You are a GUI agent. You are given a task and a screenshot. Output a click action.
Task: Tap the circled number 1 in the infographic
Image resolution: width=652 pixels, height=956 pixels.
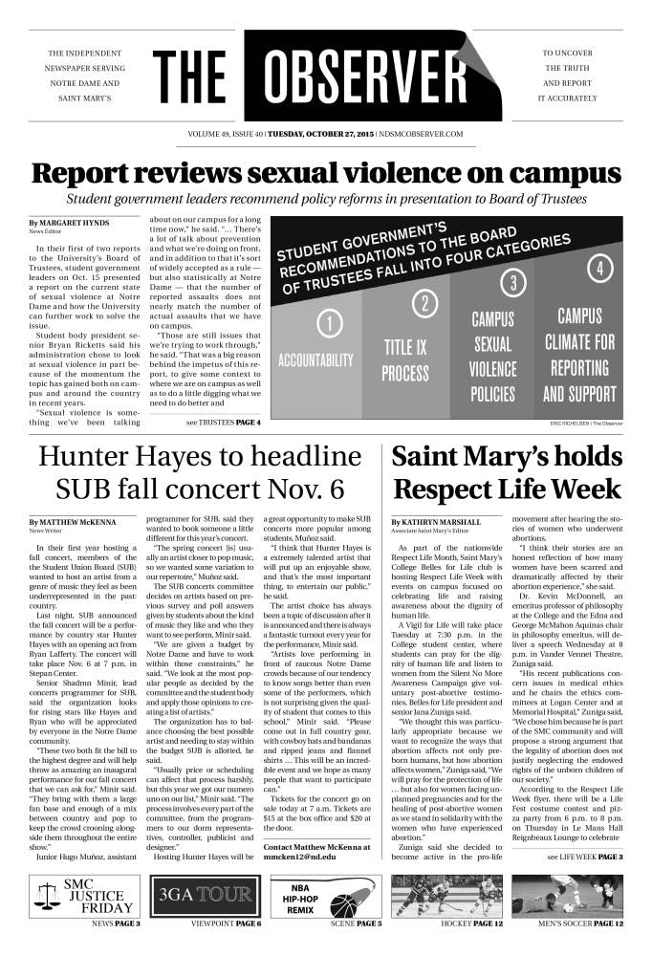pos(329,324)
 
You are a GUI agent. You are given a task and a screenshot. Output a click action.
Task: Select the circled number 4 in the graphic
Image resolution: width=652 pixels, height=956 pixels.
pos(599,269)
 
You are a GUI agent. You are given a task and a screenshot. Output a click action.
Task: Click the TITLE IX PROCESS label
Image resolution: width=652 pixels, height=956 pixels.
pos(405,358)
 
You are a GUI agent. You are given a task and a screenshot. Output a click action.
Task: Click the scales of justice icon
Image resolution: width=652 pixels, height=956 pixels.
pos(47,896)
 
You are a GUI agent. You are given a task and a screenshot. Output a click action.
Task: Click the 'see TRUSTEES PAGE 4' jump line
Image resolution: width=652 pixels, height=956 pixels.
pos(224,422)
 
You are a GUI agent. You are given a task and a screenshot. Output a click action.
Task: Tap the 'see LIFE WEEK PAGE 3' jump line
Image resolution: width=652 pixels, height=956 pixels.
pos(585,857)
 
